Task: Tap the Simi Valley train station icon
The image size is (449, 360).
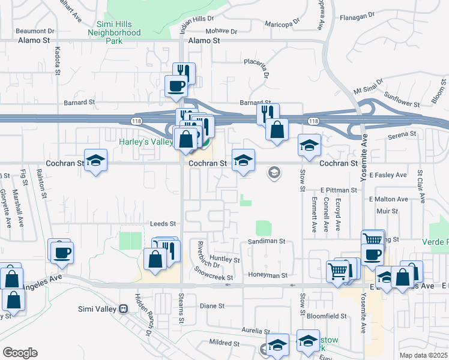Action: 124,309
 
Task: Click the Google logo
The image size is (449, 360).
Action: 20,352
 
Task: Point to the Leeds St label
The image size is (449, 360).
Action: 163,223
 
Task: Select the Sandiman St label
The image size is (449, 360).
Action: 266,241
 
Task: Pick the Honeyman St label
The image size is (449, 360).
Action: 268,275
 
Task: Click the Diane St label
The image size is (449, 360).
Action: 212,305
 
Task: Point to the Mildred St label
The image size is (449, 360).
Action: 224,343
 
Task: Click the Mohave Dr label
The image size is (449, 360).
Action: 221,31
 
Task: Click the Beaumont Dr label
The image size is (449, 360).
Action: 35,30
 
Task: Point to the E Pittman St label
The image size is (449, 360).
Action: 339,190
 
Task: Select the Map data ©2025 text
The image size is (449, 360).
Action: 423,355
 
